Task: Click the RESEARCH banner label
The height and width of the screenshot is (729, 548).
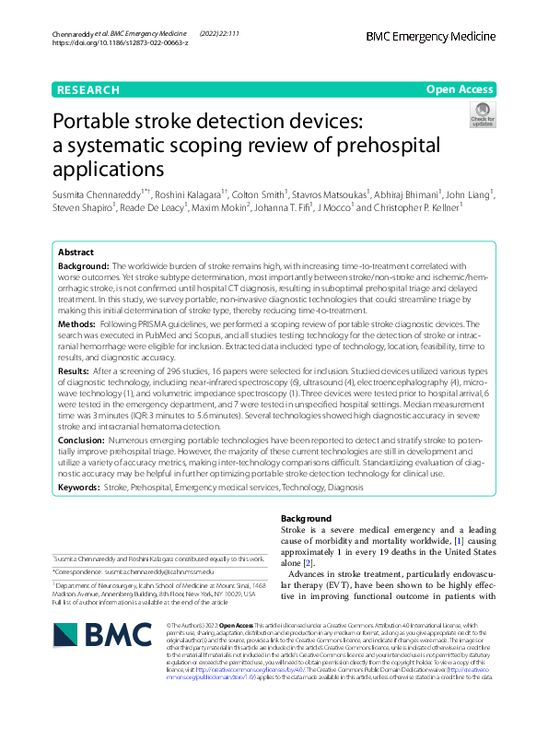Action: [x=88, y=89]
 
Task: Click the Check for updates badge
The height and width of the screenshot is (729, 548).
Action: [x=482, y=114]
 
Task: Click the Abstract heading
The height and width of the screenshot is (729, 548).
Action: [x=76, y=252]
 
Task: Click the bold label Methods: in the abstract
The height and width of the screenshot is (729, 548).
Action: [x=77, y=325]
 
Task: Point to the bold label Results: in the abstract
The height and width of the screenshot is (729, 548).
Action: [x=76, y=370]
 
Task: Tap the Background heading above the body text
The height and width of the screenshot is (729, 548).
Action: [x=305, y=519]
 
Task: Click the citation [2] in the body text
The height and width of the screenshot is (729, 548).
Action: [x=309, y=563]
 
